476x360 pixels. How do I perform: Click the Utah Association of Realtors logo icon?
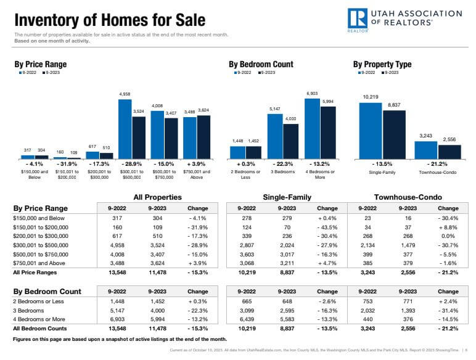pos(358,19)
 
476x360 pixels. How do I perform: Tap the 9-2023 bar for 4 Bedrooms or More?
pos(328,133)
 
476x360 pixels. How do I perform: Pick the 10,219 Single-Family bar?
pos(371,131)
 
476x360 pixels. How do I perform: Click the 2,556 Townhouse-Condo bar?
pos(449,152)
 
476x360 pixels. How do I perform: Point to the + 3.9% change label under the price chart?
pos(197,165)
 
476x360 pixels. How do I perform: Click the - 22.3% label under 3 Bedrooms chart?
pos(283,165)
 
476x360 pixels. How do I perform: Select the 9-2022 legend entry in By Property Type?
pos(368,73)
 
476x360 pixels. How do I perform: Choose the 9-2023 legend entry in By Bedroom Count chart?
pos(266,73)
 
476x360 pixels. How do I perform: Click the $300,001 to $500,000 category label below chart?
pos(131,174)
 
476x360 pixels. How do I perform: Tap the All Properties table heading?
pos(158,197)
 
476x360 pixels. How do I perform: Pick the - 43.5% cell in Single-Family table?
pos(327,227)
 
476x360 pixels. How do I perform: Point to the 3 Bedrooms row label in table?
pos(28,311)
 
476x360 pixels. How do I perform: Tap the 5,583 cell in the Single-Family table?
pos(287,321)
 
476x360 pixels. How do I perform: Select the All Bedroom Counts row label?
pos(41,330)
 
